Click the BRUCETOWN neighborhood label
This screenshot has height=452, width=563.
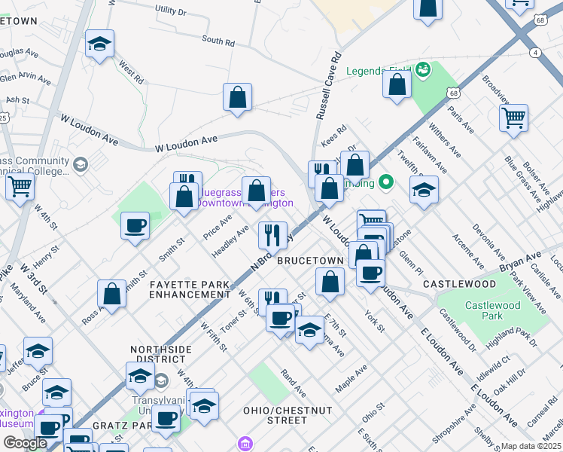click(310, 260)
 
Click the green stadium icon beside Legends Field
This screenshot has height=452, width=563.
click(422, 71)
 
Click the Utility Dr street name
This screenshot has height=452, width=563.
click(170, 11)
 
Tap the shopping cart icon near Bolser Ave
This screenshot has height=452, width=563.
click(513, 118)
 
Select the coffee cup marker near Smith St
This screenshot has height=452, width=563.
click(135, 225)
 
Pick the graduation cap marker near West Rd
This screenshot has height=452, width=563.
click(99, 44)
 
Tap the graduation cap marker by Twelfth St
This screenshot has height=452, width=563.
click(425, 191)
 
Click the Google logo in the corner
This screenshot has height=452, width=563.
click(25, 443)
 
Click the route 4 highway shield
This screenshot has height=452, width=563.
click(534, 52)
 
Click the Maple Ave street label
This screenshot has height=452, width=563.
click(351, 378)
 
